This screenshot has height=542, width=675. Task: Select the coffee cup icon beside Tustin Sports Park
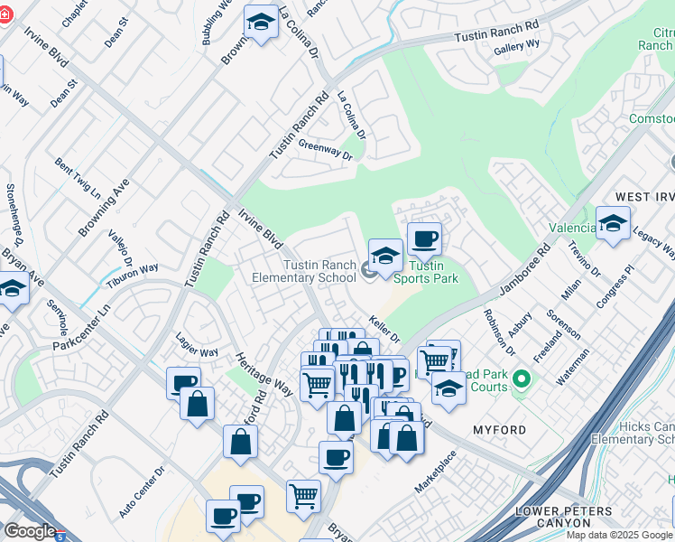(424, 239)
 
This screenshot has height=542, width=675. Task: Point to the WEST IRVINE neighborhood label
(644, 197)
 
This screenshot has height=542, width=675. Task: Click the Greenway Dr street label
(325, 149)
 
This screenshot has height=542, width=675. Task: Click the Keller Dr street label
(384, 328)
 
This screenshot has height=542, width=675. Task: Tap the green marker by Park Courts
(521, 377)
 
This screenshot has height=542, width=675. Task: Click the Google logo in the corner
(30, 531)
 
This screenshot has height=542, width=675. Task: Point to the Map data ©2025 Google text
(619, 535)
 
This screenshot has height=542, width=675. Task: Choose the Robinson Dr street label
(498, 332)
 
